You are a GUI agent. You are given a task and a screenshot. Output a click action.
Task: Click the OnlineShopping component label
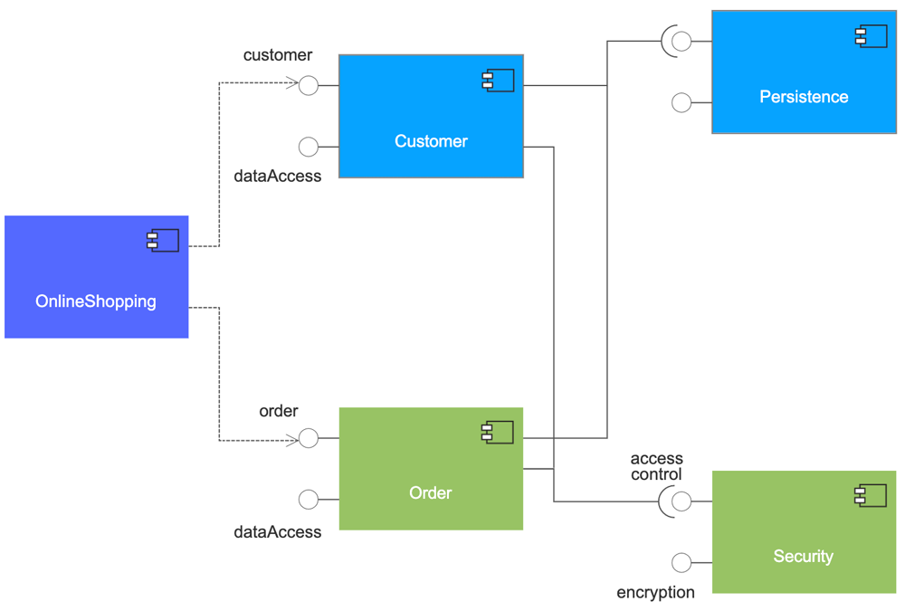click(x=96, y=301)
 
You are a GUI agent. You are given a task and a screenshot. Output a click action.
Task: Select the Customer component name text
click(x=431, y=141)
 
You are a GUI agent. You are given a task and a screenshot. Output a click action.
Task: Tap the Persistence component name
click(x=804, y=97)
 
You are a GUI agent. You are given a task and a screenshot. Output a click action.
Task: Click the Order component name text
click(x=431, y=493)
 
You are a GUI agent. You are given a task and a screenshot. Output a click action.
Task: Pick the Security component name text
click(x=803, y=557)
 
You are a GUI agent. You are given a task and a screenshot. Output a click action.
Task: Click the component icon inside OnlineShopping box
click(x=163, y=240)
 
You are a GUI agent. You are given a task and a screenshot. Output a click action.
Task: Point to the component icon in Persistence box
click(x=871, y=36)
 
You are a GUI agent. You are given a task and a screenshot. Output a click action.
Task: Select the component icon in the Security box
click(x=871, y=495)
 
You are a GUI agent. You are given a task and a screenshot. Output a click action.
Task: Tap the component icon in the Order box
click(x=498, y=432)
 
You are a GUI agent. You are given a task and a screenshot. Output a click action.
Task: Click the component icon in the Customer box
click(x=498, y=81)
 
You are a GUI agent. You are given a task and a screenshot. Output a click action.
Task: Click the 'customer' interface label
click(x=278, y=55)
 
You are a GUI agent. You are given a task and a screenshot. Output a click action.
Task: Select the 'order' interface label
click(x=279, y=411)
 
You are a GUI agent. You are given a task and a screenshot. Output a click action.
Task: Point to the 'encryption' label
click(x=655, y=593)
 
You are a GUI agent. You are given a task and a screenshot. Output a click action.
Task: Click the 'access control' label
click(x=656, y=466)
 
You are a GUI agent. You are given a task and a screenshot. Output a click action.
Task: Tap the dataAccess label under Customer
click(x=278, y=177)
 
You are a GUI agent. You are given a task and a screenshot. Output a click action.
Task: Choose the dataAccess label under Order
click(x=278, y=532)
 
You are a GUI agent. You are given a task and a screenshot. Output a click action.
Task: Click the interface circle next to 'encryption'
click(x=681, y=563)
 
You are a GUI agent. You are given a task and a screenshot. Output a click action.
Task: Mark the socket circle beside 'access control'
click(x=681, y=501)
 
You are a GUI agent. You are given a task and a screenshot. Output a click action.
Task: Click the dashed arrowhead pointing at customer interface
click(x=292, y=84)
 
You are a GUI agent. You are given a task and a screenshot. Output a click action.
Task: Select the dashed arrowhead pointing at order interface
click(x=292, y=441)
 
